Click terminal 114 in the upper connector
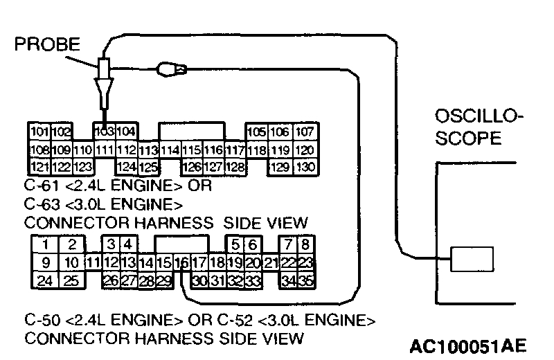pyautogui.click(x=170, y=150)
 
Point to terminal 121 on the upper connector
pyautogui.click(x=39, y=166)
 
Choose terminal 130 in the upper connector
pyautogui.click(x=304, y=166)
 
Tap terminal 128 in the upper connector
pyautogui.click(x=235, y=166)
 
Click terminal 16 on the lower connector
pyautogui.click(x=182, y=262)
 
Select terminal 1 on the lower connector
pyautogui.click(x=44, y=244)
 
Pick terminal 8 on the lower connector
pyautogui.click(x=305, y=244)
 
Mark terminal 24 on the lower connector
pyautogui.click(x=44, y=280)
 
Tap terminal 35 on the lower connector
pyautogui.click(x=305, y=280)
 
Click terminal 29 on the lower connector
pyautogui.click(x=163, y=280)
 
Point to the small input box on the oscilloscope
pyautogui.click(x=472, y=260)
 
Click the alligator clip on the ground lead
pyautogui.click(x=171, y=69)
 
